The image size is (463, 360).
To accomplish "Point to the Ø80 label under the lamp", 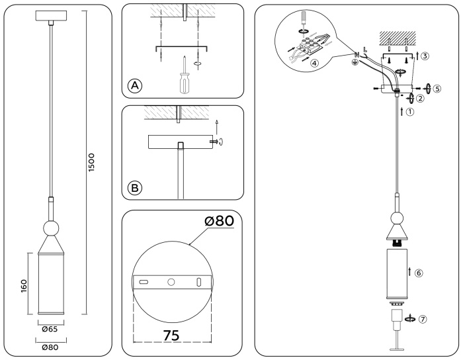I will tap(50, 347).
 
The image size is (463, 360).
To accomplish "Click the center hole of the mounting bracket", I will tap(171, 283).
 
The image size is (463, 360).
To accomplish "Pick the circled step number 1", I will tap(410, 112).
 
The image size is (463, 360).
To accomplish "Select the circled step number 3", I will tap(425, 56).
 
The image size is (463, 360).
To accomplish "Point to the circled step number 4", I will tap(315, 64).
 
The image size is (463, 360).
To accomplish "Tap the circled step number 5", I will tap(437, 87).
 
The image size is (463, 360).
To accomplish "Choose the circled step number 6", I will tap(419, 273).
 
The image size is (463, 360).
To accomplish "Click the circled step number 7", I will tap(423, 318).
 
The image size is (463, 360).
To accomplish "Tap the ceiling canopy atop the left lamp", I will tap(50, 16).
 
